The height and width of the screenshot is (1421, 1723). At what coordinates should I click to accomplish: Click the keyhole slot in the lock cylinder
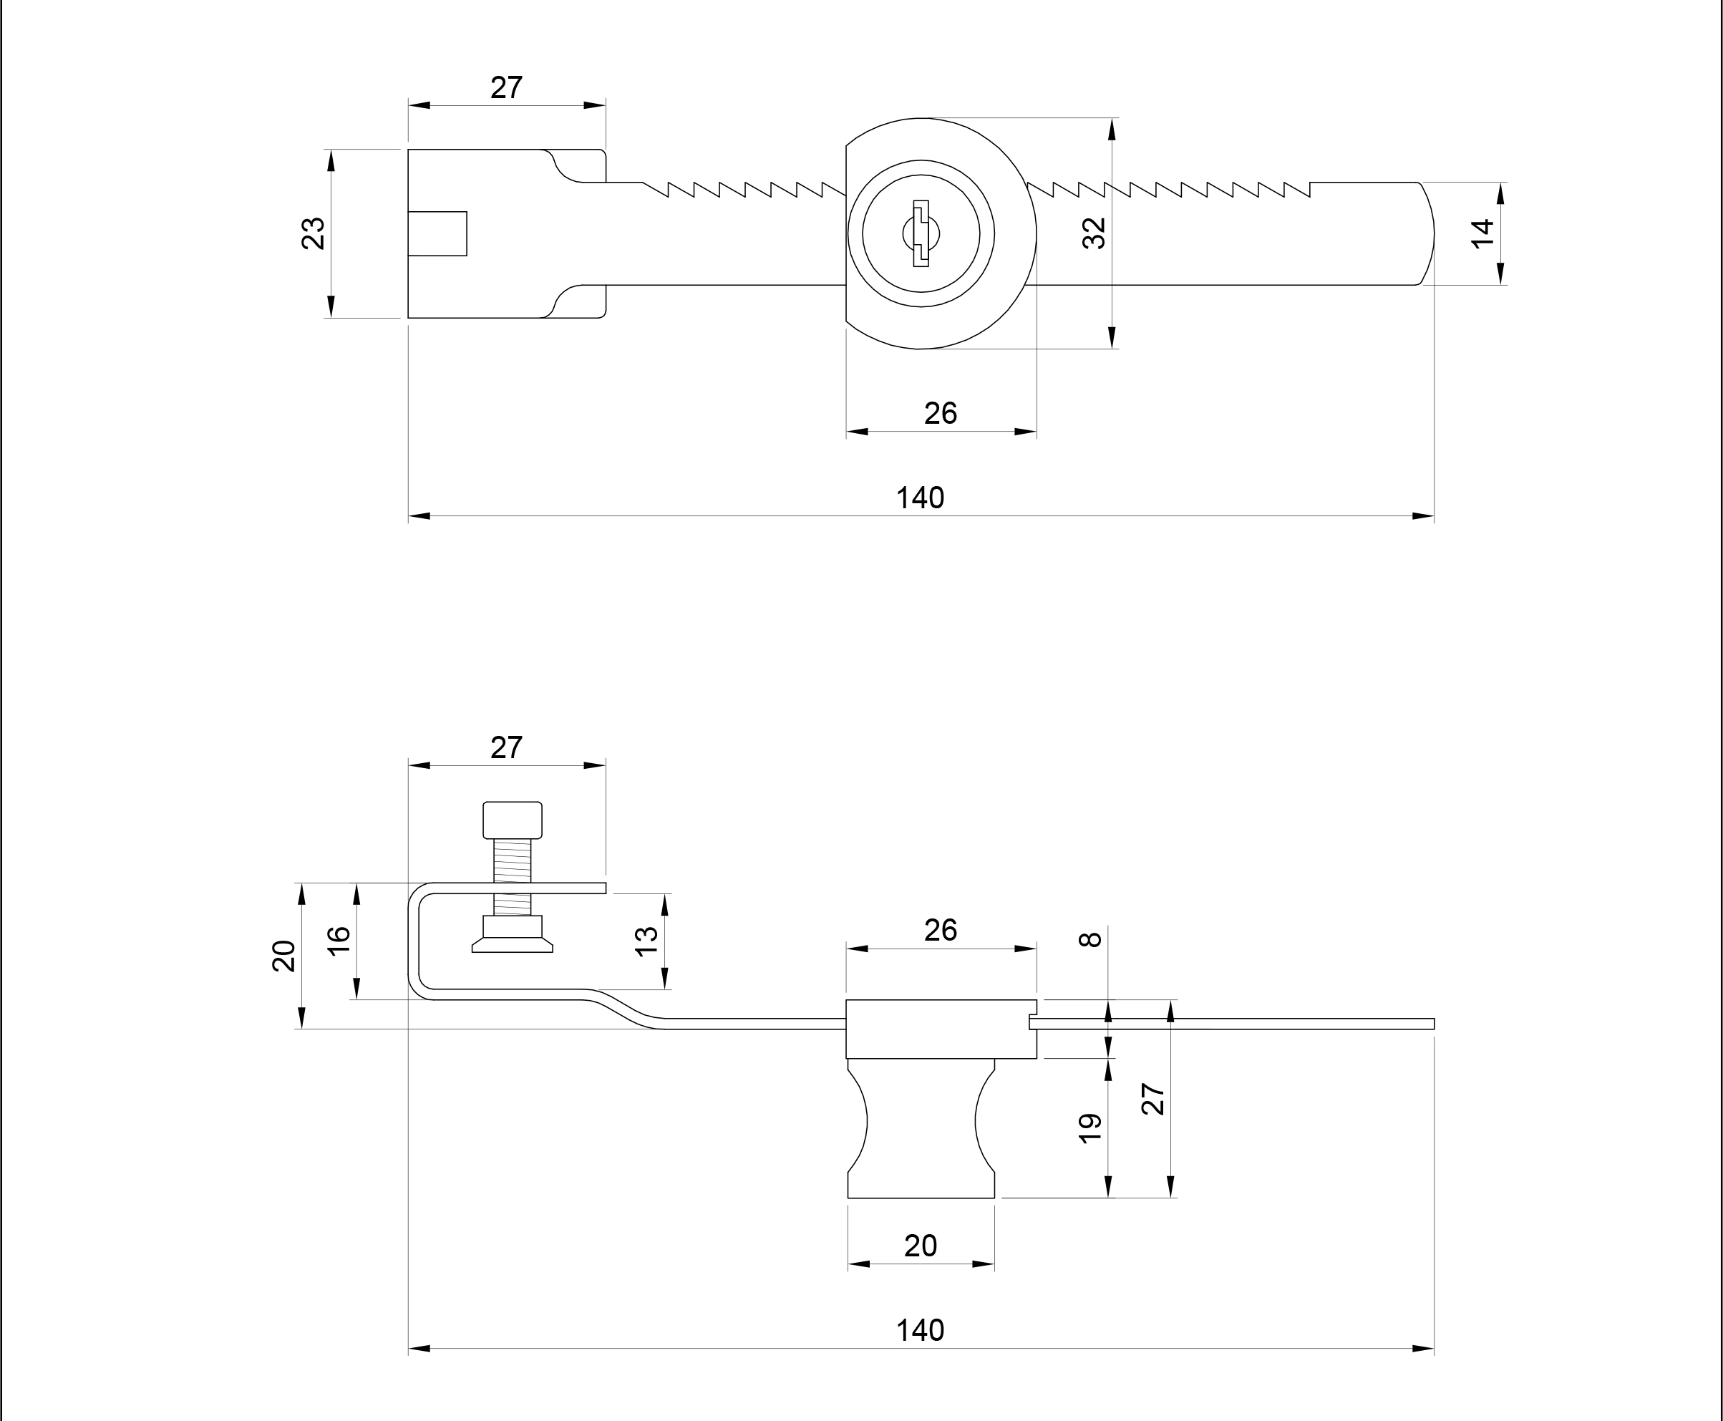(x=921, y=233)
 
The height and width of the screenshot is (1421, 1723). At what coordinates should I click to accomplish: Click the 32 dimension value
(x=1095, y=233)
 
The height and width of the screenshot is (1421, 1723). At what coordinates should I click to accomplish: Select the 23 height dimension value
(x=314, y=233)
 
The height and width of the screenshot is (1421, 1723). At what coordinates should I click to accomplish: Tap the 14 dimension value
(x=1482, y=233)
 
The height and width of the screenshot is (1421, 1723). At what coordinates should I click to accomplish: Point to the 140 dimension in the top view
(x=920, y=498)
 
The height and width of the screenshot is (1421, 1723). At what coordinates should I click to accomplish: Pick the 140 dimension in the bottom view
(x=920, y=1331)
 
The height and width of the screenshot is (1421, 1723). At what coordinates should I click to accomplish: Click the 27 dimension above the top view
(x=506, y=87)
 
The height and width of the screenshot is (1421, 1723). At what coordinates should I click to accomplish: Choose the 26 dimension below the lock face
(x=941, y=413)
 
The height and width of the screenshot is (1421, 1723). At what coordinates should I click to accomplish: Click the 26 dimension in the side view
(x=941, y=930)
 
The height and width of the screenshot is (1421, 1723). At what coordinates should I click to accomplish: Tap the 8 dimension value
(x=1090, y=940)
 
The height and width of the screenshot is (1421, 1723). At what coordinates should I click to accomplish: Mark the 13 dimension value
(x=646, y=941)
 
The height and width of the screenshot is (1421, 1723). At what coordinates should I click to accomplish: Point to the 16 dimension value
(x=339, y=940)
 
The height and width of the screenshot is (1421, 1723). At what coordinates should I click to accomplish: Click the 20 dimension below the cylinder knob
(x=920, y=1246)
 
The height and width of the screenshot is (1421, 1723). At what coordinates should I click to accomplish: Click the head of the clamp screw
(x=513, y=820)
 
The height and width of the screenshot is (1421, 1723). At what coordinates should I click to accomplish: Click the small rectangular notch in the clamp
(x=438, y=233)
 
